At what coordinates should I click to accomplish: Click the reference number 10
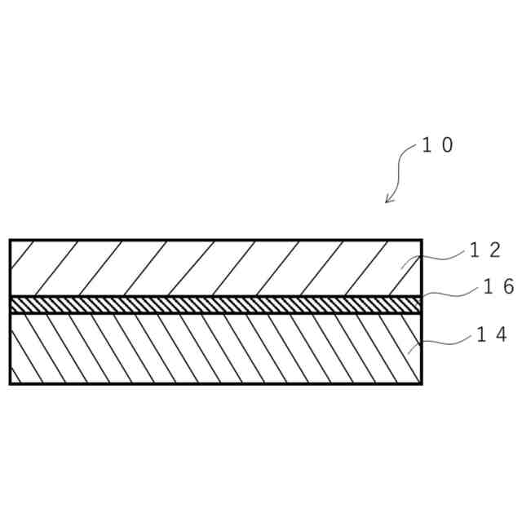point(437,146)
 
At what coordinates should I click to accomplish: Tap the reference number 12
point(484,250)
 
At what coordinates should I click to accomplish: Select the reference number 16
point(498,286)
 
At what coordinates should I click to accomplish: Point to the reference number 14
point(492,334)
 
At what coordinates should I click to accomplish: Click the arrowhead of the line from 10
point(388,201)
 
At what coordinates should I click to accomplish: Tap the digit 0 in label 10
point(446,146)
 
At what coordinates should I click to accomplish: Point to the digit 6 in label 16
point(507,286)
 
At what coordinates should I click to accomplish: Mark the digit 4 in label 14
point(501,334)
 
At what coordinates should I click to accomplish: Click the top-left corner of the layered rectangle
point(10,240)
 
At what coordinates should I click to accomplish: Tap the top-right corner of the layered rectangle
point(422,240)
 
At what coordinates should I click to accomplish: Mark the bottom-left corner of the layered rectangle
point(10,383)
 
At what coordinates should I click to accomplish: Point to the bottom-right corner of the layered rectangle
point(422,383)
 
